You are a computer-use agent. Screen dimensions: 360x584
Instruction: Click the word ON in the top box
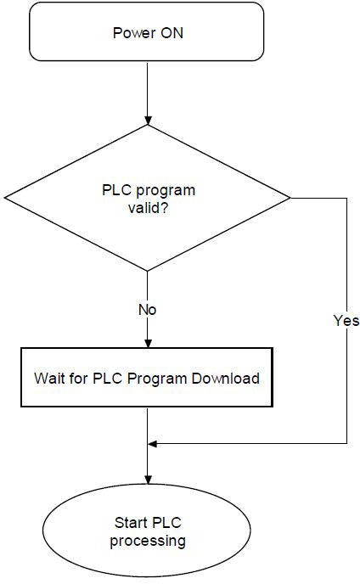172,33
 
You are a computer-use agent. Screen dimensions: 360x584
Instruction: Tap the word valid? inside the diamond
149,207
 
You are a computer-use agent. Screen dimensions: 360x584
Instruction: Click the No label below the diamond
148,310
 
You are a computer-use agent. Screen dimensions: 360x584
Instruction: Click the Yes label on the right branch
346,320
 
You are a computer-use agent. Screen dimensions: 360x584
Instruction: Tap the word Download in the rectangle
226,378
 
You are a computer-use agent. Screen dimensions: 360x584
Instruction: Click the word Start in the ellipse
132,523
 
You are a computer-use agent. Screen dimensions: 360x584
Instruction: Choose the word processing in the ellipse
148,542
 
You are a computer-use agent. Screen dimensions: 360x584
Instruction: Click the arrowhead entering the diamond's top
148,121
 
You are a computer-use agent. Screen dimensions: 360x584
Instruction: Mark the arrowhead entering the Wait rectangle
148,344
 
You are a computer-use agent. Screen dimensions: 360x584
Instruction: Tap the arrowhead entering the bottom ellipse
148,480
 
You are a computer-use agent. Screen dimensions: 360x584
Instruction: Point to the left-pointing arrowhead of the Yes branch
153,444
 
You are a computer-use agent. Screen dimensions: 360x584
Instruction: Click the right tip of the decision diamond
290,198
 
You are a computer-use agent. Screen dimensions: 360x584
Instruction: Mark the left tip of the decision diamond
4,198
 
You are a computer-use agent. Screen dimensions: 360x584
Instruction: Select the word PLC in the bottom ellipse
166,523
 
